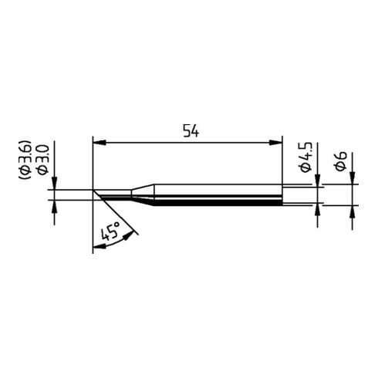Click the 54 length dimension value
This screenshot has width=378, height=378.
pyautogui.click(x=191, y=132)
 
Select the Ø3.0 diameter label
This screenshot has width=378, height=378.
pyautogui.click(x=42, y=158)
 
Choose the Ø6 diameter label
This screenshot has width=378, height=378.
pyautogui.click(x=340, y=162)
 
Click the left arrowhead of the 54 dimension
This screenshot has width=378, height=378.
pyautogui.click(x=96, y=142)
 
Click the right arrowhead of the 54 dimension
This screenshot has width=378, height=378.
pyautogui.click(x=278, y=142)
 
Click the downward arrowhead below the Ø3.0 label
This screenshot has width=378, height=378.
pyautogui.click(x=54, y=186)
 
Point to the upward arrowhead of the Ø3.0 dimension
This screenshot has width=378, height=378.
pyautogui.click(x=54, y=206)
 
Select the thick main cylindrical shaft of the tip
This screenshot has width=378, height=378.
pyautogui.click(x=216, y=196)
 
